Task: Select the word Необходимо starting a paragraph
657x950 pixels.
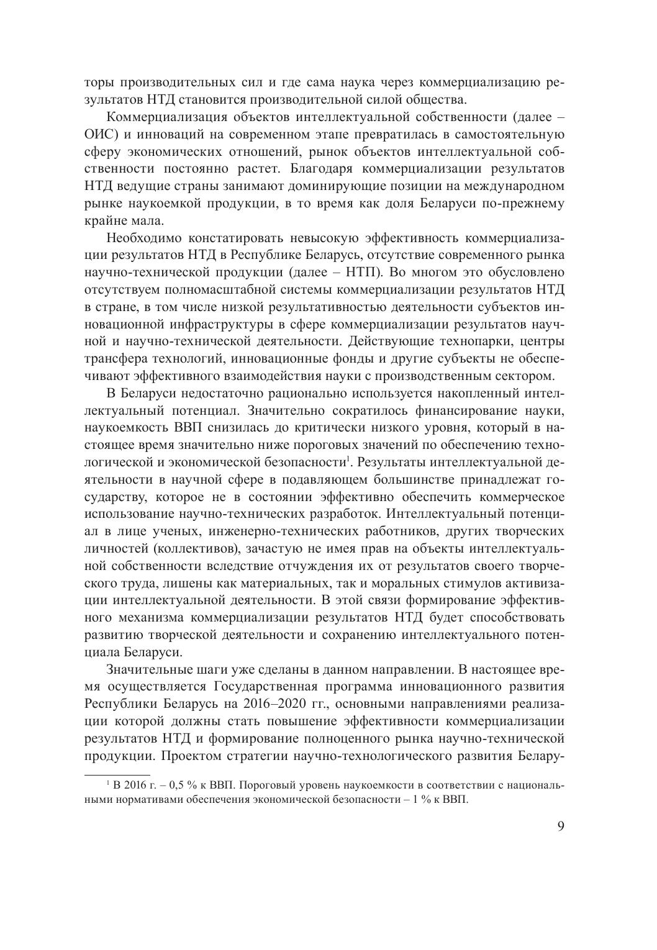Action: (142, 238)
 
